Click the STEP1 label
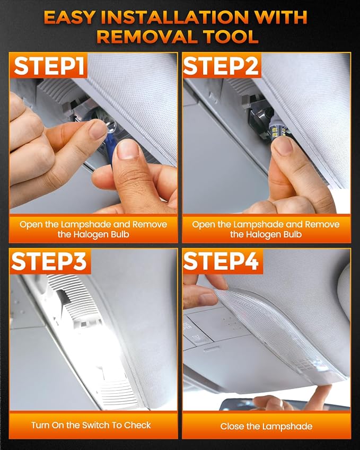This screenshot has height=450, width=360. click(x=49, y=66)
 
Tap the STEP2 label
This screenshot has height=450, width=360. click(x=221, y=66)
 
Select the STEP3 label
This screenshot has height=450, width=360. click(x=49, y=261)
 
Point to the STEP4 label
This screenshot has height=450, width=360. click(x=221, y=261)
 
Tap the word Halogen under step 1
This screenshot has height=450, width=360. click(x=90, y=234)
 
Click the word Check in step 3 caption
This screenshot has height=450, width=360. click(x=137, y=425)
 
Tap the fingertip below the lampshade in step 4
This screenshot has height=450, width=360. click(x=321, y=392)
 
